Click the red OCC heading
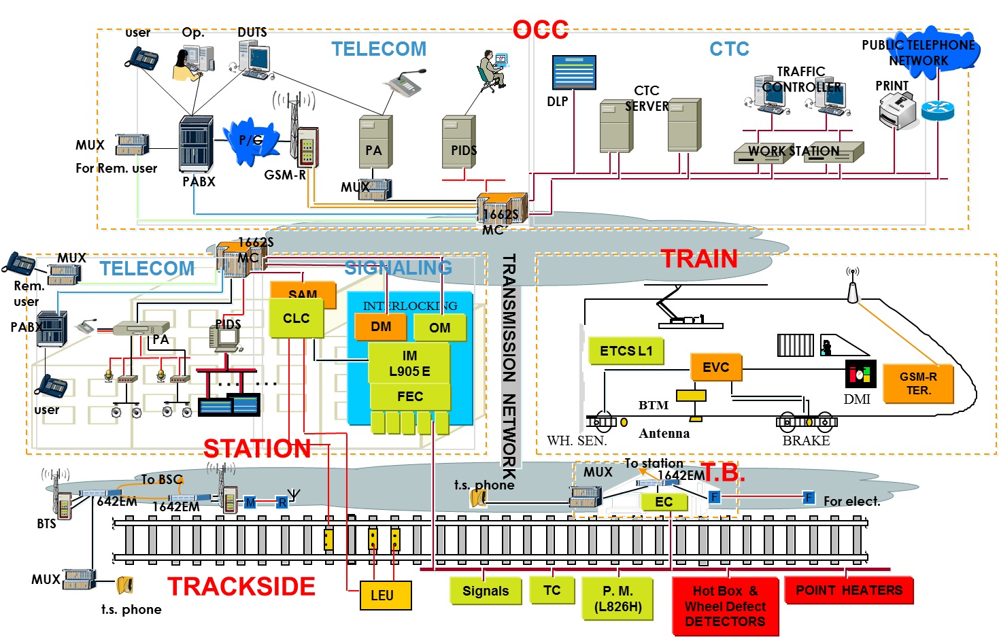pyautogui.click(x=540, y=29)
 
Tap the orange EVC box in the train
pyautogui.click(x=715, y=367)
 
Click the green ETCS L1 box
pyautogui.click(x=626, y=351)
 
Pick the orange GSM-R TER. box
pyautogui.click(x=918, y=384)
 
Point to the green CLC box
pyautogui.click(x=296, y=318)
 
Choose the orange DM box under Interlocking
pyautogui.click(x=381, y=326)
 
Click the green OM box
pyautogui.click(x=440, y=327)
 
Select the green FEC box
pyautogui.click(x=409, y=396)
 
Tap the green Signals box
pyautogui.click(x=485, y=591)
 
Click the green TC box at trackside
pyautogui.click(x=552, y=590)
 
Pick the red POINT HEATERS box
pyautogui.click(x=849, y=590)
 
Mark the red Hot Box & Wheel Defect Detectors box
pyautogui.click(x=725, y=606)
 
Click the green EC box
pyautogui.click(x=664, y=502)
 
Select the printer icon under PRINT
pyautogui.click(x=897, y=111)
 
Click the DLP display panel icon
pyautogui.click(x=574, y=73)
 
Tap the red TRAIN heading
pyautogui.click(x=698, y=259)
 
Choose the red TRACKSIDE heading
pyautogui.click(x=241, y=586)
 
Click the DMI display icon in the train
pyautogui.click(x=860, y=375)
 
